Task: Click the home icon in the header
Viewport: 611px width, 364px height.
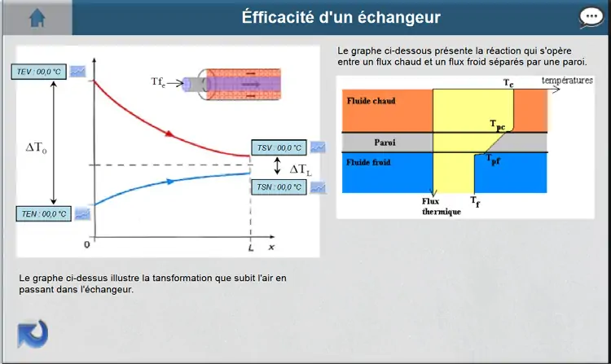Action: coord(37,18)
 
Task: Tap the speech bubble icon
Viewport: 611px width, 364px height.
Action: coord(591,18)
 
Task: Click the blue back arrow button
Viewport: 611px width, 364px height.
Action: coord(33,334)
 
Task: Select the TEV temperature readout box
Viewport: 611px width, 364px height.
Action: coord(38,72)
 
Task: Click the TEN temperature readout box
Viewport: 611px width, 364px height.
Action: coord(44,213)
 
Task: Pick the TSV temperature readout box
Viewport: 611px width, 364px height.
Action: coord(279,148)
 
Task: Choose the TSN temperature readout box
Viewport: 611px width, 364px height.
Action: coord(279,187)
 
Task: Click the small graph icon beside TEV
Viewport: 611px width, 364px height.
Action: coord(78,71)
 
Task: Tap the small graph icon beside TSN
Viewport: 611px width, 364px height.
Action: coord(318,187)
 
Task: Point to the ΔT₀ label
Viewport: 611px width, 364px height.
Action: coord(36,147)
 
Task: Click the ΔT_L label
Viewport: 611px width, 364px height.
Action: coord(301,169)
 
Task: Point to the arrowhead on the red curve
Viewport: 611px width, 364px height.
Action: coord(169,134)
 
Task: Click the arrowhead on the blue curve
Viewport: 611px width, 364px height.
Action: coord(171,182)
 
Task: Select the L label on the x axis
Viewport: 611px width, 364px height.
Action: coord(251,248)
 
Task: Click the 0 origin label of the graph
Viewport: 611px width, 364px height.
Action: coord(87,244)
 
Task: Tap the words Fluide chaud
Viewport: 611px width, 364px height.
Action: coord(371,101)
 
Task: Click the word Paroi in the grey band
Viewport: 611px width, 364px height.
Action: coord(385,143)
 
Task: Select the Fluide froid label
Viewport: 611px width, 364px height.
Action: coord(368,162)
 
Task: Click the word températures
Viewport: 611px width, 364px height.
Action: coord(567,80)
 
